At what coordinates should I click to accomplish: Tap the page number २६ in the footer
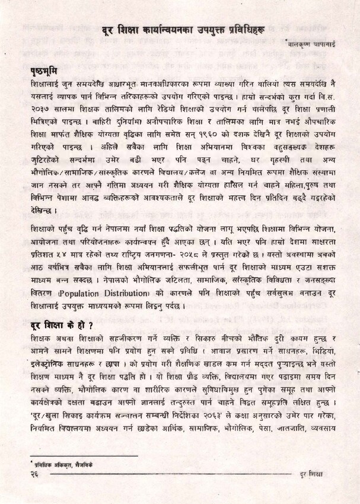[x=35, y=474]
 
